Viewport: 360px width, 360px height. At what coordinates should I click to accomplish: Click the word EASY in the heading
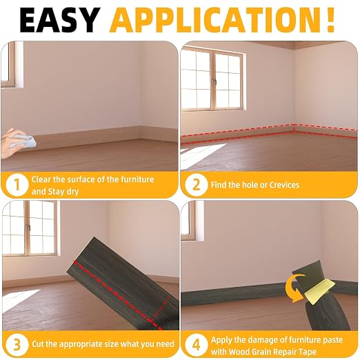click(60, 20)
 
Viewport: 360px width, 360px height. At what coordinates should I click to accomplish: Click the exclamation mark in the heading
click(330, 20)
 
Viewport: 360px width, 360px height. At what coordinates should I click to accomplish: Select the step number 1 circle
click(17, 185)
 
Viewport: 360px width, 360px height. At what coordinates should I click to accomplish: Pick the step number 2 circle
click(196, 185)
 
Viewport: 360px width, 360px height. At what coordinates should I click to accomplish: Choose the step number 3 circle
click(17, 344)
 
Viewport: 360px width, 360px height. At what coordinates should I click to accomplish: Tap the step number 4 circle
click(196, 346)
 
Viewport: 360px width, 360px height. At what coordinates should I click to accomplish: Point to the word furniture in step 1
click(137, 179)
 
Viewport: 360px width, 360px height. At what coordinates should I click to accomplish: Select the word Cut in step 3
click(37, 344)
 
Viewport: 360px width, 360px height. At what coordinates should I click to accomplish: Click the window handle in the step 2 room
click(215, 82)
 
